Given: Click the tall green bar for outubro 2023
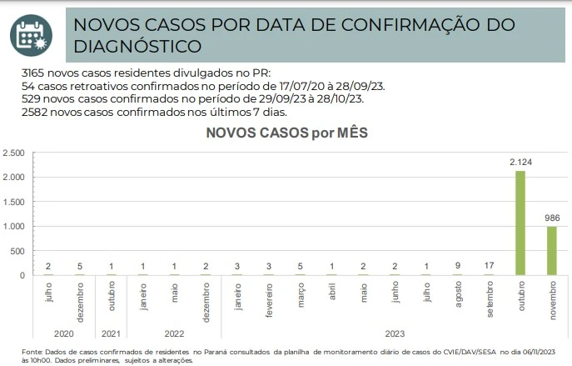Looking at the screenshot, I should [520, 223].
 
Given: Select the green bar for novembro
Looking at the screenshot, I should [551, 250].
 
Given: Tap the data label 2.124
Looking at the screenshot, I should [520, 162].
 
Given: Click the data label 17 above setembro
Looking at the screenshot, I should [488, 266].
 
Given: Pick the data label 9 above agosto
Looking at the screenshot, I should [457, 266].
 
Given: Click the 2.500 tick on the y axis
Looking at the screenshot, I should [13, 153].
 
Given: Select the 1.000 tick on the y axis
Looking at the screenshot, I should [13, 226].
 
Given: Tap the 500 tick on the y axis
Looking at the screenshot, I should [18, 251].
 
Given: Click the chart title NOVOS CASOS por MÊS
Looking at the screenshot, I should [286, 132].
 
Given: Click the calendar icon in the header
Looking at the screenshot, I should [31, 32].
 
